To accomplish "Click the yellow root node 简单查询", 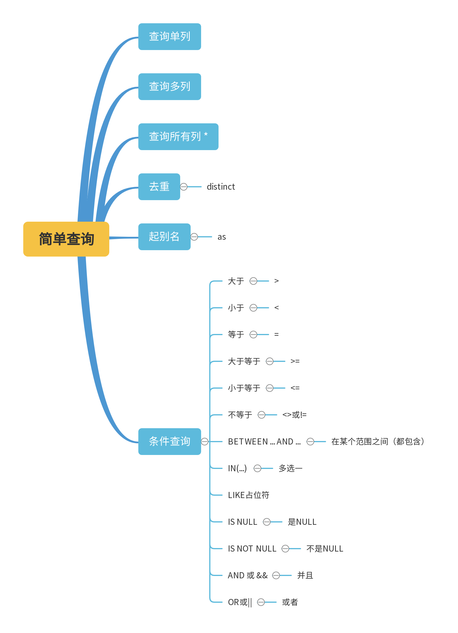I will pyautogui.click(x=66, y=239).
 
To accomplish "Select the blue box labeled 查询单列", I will pyautogui.click(x=169, y=37).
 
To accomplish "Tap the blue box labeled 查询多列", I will pyautogui.click(x=169, y=87).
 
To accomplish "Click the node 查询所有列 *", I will pyautogui.click(x=178, y=137).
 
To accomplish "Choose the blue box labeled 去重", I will pyautogui.click(x=159, y=187).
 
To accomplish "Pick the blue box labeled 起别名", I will pyautogui.click(x=164, y=237).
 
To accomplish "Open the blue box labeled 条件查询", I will pyautogui.click(x=169, y=442).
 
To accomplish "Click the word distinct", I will pyautogui.click(x=221, y=187).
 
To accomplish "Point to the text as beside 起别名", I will pyautogui.click(x=222, y=237).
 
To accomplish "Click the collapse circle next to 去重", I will pyautogui.click(x=184, y=187).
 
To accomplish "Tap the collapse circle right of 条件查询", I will pyautogui.click(x=205, y=442).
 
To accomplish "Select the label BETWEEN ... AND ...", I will pyautogui.click(x=264, y=442).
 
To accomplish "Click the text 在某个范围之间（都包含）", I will pyautogui.click(x=378, y=442).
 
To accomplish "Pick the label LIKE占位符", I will pyautogui.click(x=248, y=495).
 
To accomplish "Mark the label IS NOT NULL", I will pyautogui.click(x=252, y=549).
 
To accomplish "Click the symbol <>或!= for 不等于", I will pyautogui.click(x=294, y=415).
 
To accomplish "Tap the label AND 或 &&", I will pyautogui.click(x=248, y=575).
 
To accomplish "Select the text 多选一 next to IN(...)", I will pyautogui.click(x=290, y=468).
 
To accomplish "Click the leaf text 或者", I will pyautogui.click(x=290, y=602).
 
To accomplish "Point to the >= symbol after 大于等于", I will pyautogui.click(x=295, y=361).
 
